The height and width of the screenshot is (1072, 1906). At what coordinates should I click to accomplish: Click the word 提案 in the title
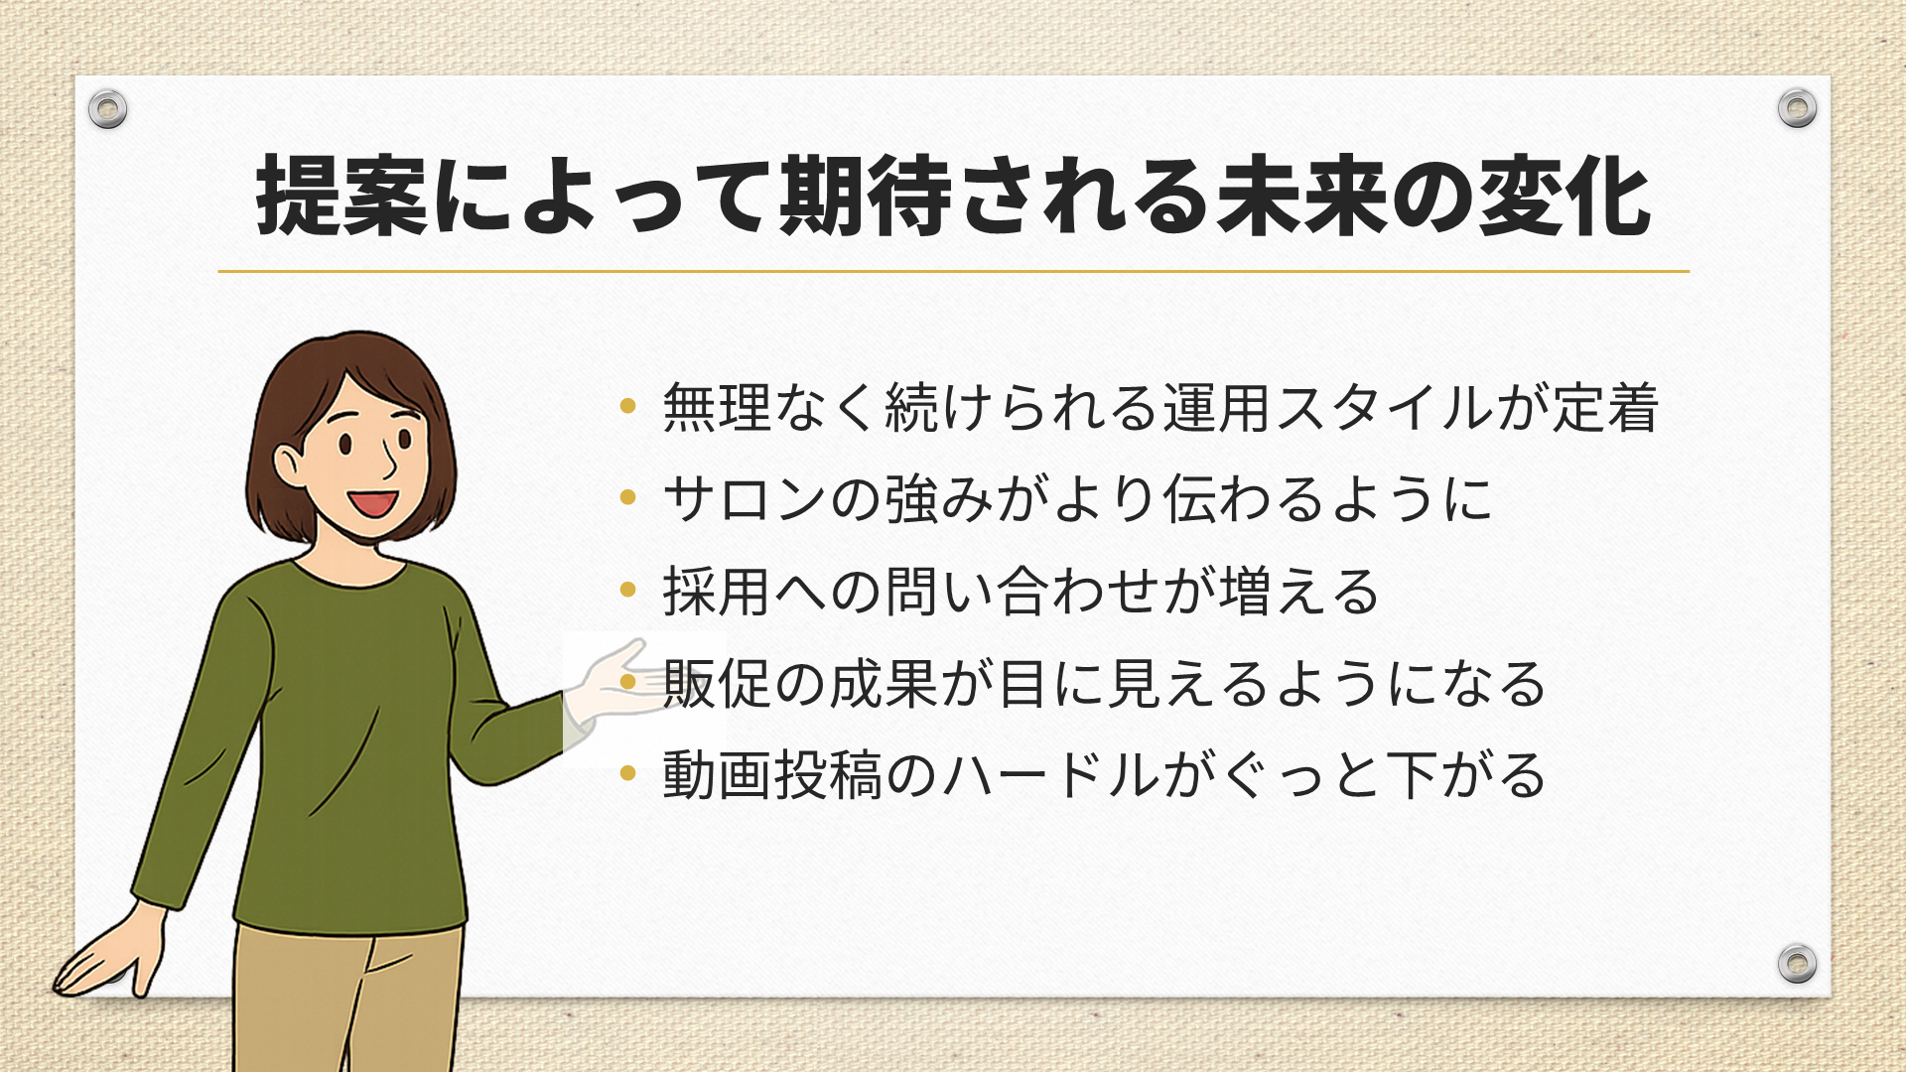tap(342, 196)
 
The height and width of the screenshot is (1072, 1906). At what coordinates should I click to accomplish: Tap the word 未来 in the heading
tap(1301, 196)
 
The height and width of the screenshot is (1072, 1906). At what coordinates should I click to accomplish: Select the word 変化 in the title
tap(1566, 196)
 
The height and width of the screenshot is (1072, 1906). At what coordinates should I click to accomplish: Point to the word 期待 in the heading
tap(867, 196)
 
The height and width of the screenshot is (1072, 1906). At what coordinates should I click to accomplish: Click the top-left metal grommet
tap(107, 108)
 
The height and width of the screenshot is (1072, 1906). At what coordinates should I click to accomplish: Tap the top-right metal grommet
tap(1797, 107)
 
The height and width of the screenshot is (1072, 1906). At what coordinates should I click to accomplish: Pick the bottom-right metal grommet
tap(1797, 963)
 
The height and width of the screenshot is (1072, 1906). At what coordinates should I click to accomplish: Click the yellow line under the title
tap(953, 271)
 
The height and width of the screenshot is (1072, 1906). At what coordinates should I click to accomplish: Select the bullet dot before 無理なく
tap(627, 405)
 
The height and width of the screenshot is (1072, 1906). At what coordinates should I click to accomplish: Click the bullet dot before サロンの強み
tap(627, 496)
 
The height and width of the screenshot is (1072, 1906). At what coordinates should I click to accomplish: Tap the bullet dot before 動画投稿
tap(627, 773)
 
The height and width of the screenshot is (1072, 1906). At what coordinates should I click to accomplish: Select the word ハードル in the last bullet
tap(1051, 775)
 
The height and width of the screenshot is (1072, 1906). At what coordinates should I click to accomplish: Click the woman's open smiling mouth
tap(374, 502)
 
